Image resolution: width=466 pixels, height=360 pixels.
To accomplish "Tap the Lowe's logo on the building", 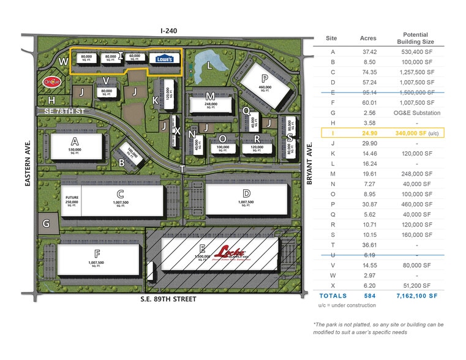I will tap(165, 59).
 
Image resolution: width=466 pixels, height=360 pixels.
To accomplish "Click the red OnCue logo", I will tap(50, 81).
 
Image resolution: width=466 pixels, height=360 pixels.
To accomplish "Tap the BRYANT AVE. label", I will tap(310, 159).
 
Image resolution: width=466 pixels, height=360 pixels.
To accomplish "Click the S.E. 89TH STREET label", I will tap(168, 299).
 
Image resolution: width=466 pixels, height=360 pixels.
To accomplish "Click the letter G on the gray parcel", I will tap(47, 223).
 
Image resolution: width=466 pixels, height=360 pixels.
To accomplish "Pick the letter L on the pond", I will tap(209, 65).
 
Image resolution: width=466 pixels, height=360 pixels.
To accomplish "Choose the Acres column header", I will tap(367, 38).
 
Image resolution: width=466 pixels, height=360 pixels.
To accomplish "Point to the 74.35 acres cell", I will tap(367, 72).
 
